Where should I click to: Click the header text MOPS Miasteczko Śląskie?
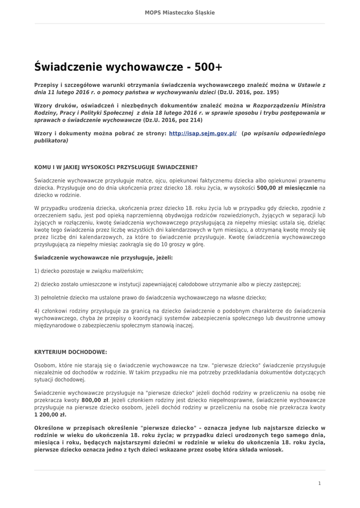pyautogui.click(x=180, y=12)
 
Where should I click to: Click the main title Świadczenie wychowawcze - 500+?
pyautogui.click(x=129, y=66)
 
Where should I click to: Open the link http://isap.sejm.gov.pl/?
pyautogui.click(x=203, y=133)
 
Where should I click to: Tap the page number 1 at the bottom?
pyautogui.click(x=319, y=483)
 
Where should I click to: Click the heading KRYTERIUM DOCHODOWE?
pyautogui.click(x=71, y=352)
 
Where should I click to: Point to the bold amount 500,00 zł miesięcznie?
pyautogui.click(x=287, y=189)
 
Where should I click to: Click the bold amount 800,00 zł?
pyautogui.click(x=95, y=399)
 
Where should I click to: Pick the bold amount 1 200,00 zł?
pyautogui.click(x=50, y=414)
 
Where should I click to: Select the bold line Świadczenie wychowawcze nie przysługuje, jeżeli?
pyautogui.click(x=103, y=258)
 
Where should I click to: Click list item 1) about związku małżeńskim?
pyautogui.click(x=89, y=271)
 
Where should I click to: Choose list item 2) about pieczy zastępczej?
pyautogui.click(x=167, y=284)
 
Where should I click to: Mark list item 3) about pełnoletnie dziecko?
pyautogui.click(x=150, y=298)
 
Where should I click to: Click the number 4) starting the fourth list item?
pyautogui.click(x=37, y=311)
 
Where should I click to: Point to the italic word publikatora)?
pyautogui.click(x=51, y=140)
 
